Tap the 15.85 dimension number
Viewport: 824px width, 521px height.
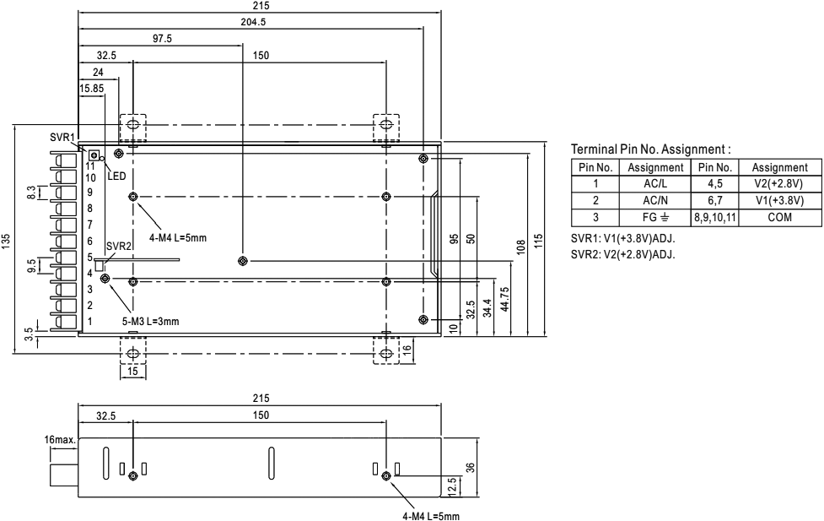[x=93, y=87]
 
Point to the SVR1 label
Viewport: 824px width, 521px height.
[x=62, y=137]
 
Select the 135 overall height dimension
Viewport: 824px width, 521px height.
[x=8, y=243]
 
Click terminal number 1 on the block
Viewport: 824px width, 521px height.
[x=89, y=321]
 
